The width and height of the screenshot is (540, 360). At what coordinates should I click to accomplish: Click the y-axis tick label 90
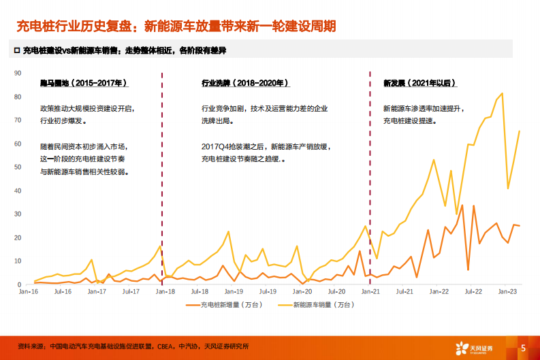[18, 72]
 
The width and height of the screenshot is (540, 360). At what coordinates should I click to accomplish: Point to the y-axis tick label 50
[18, 167]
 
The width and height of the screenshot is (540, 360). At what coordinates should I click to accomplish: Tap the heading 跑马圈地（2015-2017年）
[84, 83]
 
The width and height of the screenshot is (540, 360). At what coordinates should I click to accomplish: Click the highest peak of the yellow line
[502, 93]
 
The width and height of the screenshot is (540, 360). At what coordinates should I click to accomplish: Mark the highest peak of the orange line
[462, 205]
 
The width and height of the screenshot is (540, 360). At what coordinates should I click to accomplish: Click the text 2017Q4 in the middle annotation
[216, 146]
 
